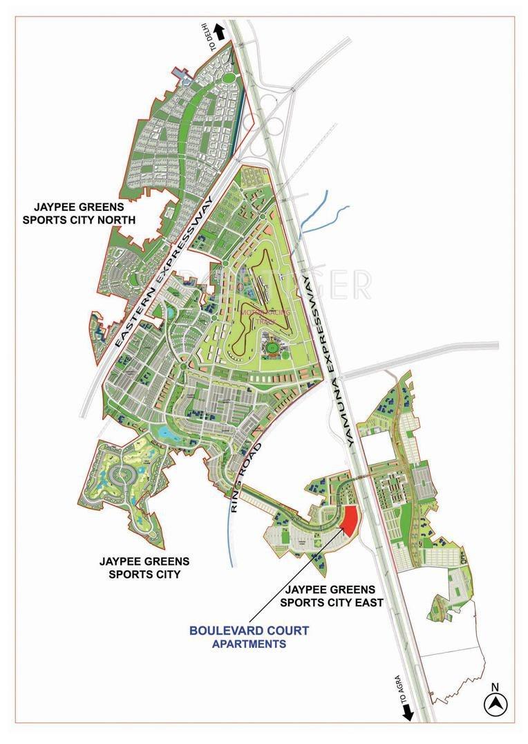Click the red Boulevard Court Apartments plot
(350, 519)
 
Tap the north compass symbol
(495, 705)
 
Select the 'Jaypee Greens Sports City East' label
(331, 596)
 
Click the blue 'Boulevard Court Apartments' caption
(249, 637)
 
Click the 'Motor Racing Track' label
(257, 317)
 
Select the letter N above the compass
(495, 687)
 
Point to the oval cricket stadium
(270, 343)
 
